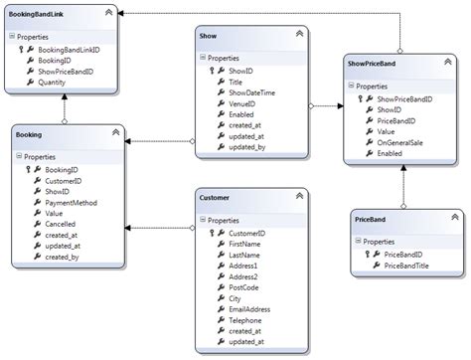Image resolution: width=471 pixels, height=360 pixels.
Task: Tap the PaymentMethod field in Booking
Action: [x=72, y=202]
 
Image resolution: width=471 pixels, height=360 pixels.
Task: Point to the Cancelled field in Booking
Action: [x=61, y=225]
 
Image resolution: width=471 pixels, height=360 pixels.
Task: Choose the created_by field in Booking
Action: [x=64, y=258]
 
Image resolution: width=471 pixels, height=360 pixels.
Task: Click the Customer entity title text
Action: [x=215, y=198]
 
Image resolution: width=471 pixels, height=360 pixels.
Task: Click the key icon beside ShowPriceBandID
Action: [x=363, y=99]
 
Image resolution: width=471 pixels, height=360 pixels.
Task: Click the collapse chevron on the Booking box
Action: [x=114, y=130]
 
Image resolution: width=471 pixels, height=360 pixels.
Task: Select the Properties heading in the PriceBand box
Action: [x=381, y=241]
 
